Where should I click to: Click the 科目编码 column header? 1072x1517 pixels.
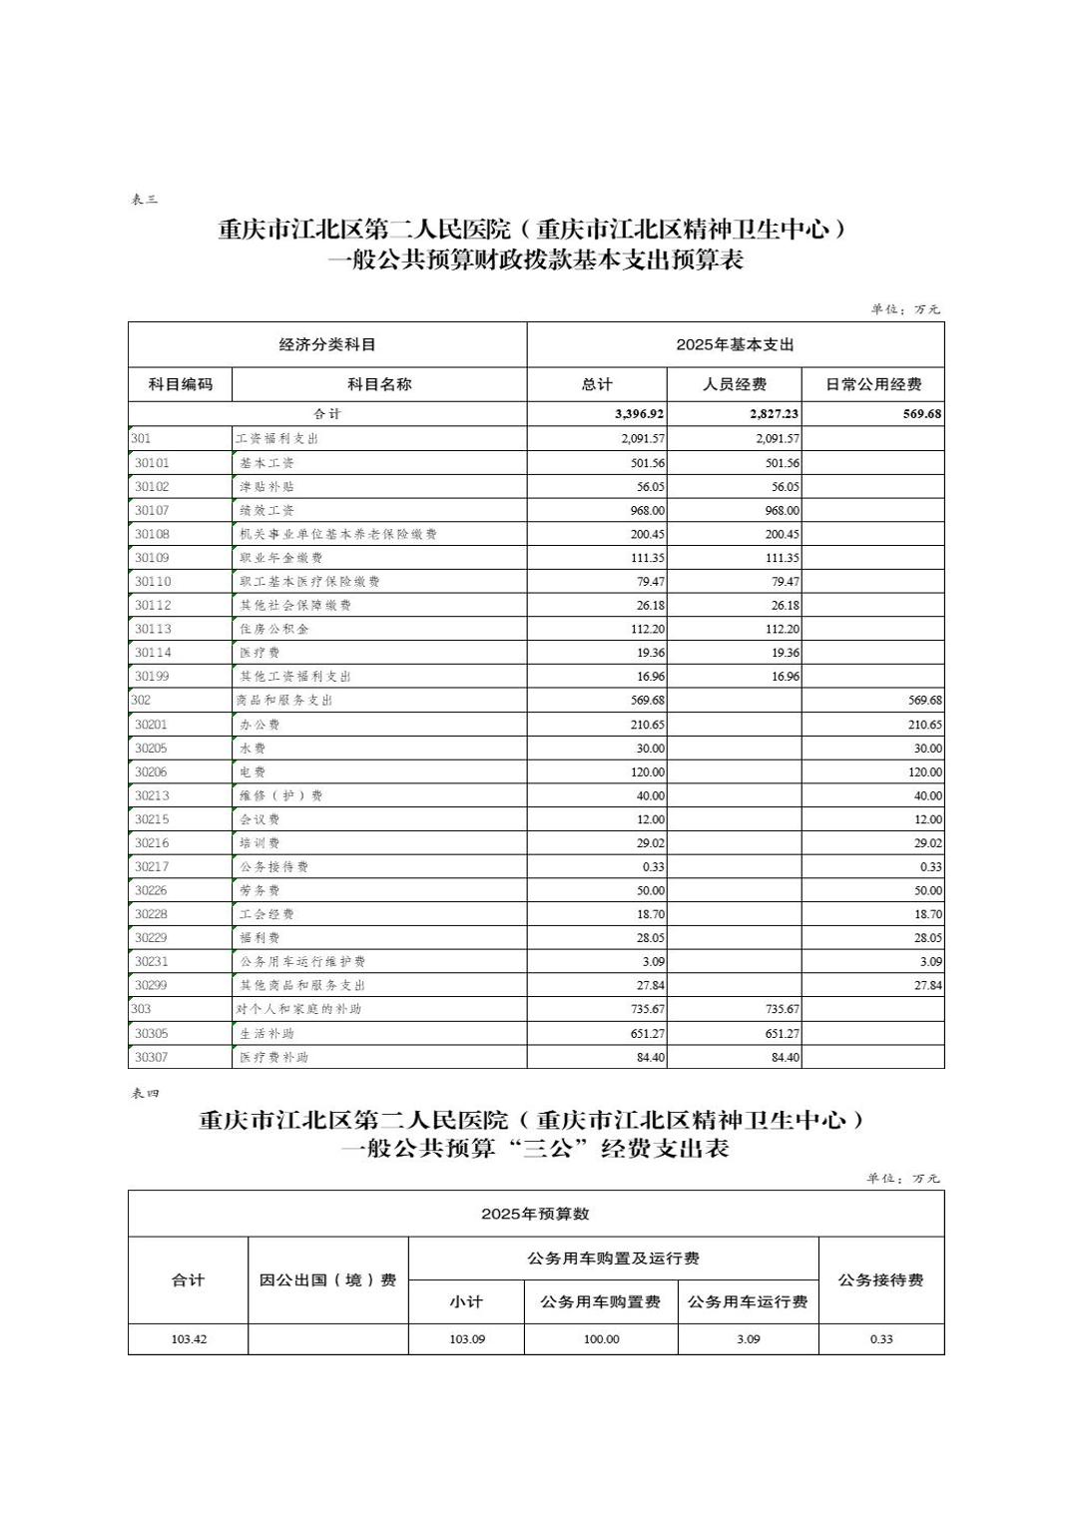[x=180, y=384]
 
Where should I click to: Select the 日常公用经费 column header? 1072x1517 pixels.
[x=872, y=384]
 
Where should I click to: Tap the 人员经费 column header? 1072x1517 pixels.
[x=734, y=384]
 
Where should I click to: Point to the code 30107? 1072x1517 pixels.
[x=152, y=510]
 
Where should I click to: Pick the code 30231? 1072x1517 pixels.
[x=152, y=961]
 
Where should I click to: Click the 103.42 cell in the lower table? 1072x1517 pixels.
[x=189, y=1339]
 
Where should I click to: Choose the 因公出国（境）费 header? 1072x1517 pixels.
[x=327, y=1280]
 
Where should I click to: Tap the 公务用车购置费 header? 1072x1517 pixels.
[x=600, y=1301]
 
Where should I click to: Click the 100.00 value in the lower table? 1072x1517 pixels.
[x=601, y=1339]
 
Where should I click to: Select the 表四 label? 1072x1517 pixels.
[x=145, y=1094]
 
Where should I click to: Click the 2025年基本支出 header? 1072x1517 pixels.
[x=735, y=344]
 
